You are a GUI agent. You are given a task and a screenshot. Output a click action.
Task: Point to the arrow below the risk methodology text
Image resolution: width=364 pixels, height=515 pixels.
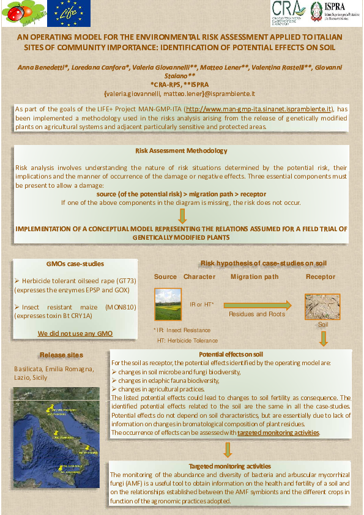pyautogui.click(x=182, y=215)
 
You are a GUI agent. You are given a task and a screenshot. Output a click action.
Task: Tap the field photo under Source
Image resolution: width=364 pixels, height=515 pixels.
pyautogui.click(x=165, y=304)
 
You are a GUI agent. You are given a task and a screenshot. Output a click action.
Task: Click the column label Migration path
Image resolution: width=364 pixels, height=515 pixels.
pyautogui.click(x=254, y=277)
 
